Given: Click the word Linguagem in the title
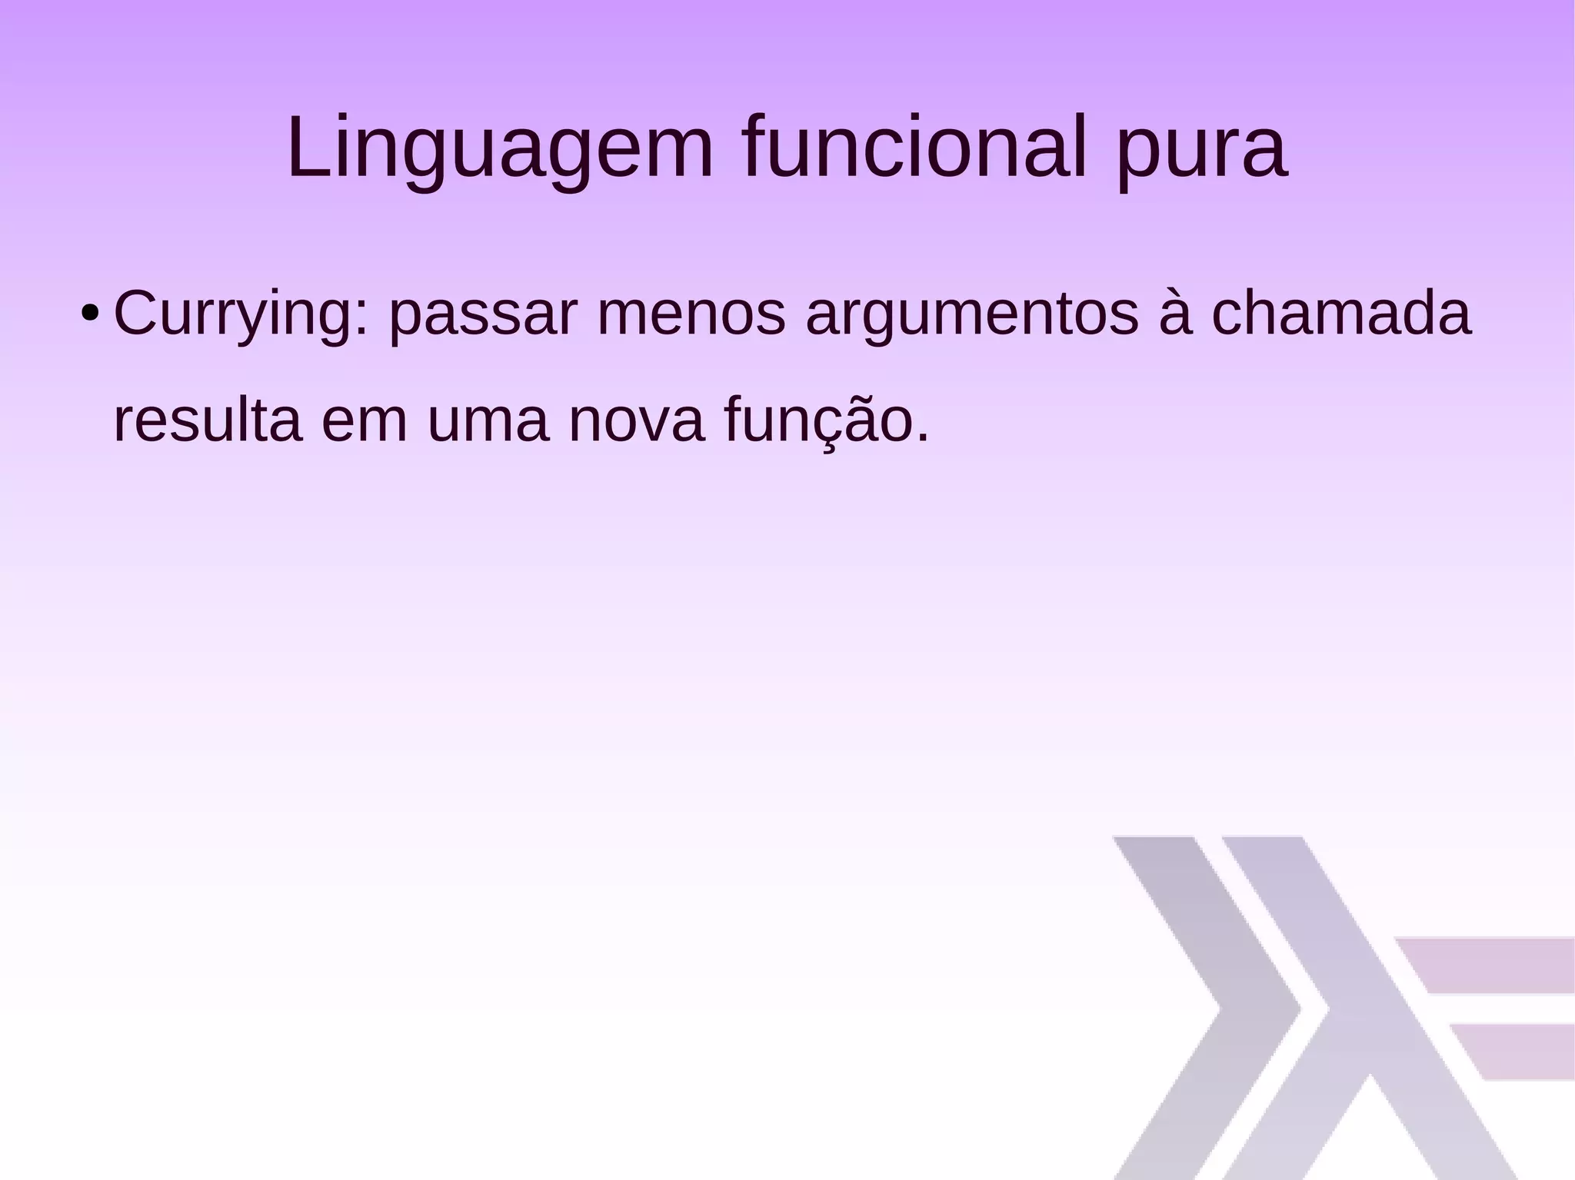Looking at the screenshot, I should pyautogui.click(x=500, y=150).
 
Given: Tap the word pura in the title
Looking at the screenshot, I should pyautogui.click(x=1201, y=150).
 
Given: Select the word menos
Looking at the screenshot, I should pyautogui.click(x=691, y=314).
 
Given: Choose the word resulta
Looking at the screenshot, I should pyautogui.click(x=207, y=420).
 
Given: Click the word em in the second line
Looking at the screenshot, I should pyautogui.click(x=364, y=422).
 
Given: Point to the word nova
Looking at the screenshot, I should pyautogui.click(x=636, y=422).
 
